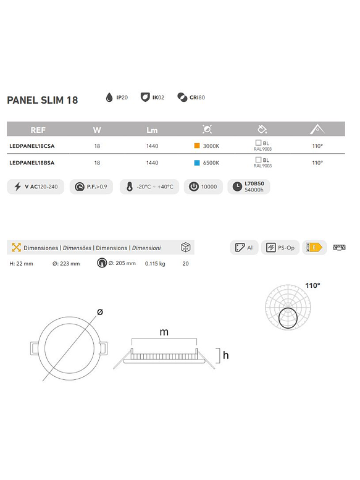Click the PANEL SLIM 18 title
click(x=42, y=100)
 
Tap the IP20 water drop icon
click(x=109, y=97)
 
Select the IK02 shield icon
click(x=145, y=97)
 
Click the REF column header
click(x=38, y=130)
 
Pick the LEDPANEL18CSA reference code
click(x=32, y=146)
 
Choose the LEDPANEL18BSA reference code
click(x=32, y=163)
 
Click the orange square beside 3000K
click(x=196, y=146)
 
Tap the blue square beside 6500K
click(x=196, y=163)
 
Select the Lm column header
click(x=153, y=130)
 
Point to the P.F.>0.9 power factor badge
click(x=91, y=187)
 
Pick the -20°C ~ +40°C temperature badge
click(x=150, y=187)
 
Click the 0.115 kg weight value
click(x=155, y=264)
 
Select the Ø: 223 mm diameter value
click(x=66, y=264)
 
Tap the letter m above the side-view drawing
click(x=164, y=332)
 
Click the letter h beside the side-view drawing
click(x=226, y=355)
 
